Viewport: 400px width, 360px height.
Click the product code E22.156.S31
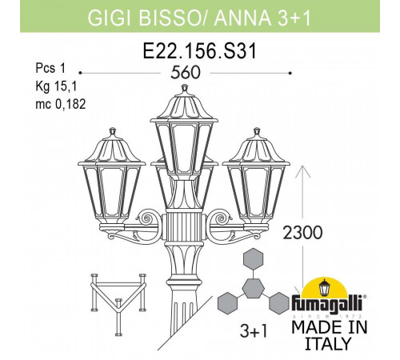[200, 51]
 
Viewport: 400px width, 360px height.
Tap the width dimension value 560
[186, 72]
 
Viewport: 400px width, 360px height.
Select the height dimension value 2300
[302, 232]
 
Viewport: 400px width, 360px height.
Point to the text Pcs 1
[50, 69]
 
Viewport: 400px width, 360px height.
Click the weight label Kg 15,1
[56, 86]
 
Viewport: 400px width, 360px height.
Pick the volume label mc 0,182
[61, 104]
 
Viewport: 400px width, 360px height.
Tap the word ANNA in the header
[242, 18]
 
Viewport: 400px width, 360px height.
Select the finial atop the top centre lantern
[185, 88]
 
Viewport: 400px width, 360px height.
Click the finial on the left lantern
[113, 131]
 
